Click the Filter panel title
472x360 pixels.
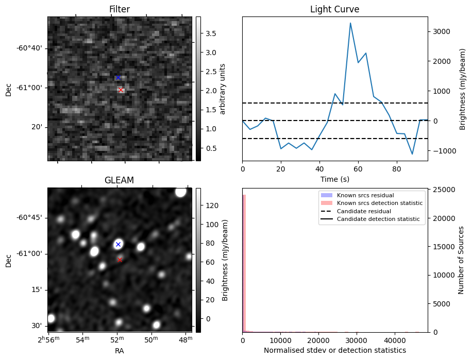(120, 9)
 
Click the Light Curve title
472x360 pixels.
(334, 9)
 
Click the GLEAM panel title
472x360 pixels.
(120, 180)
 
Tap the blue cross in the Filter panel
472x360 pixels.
(118, 77)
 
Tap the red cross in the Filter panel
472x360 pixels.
(121, 90)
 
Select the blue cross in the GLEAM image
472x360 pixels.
(118, 244)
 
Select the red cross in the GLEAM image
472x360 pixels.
(120, 260)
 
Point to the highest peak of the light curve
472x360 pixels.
(350, 23)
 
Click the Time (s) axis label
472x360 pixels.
(334, 178)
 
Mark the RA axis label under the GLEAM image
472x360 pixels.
(120, 351)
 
